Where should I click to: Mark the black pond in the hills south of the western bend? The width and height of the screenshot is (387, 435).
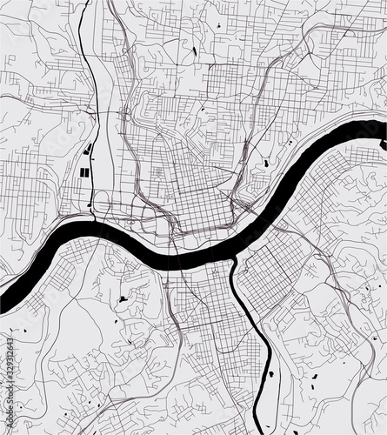point(123,300)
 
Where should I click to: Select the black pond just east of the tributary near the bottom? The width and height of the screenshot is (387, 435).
point(270,375)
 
